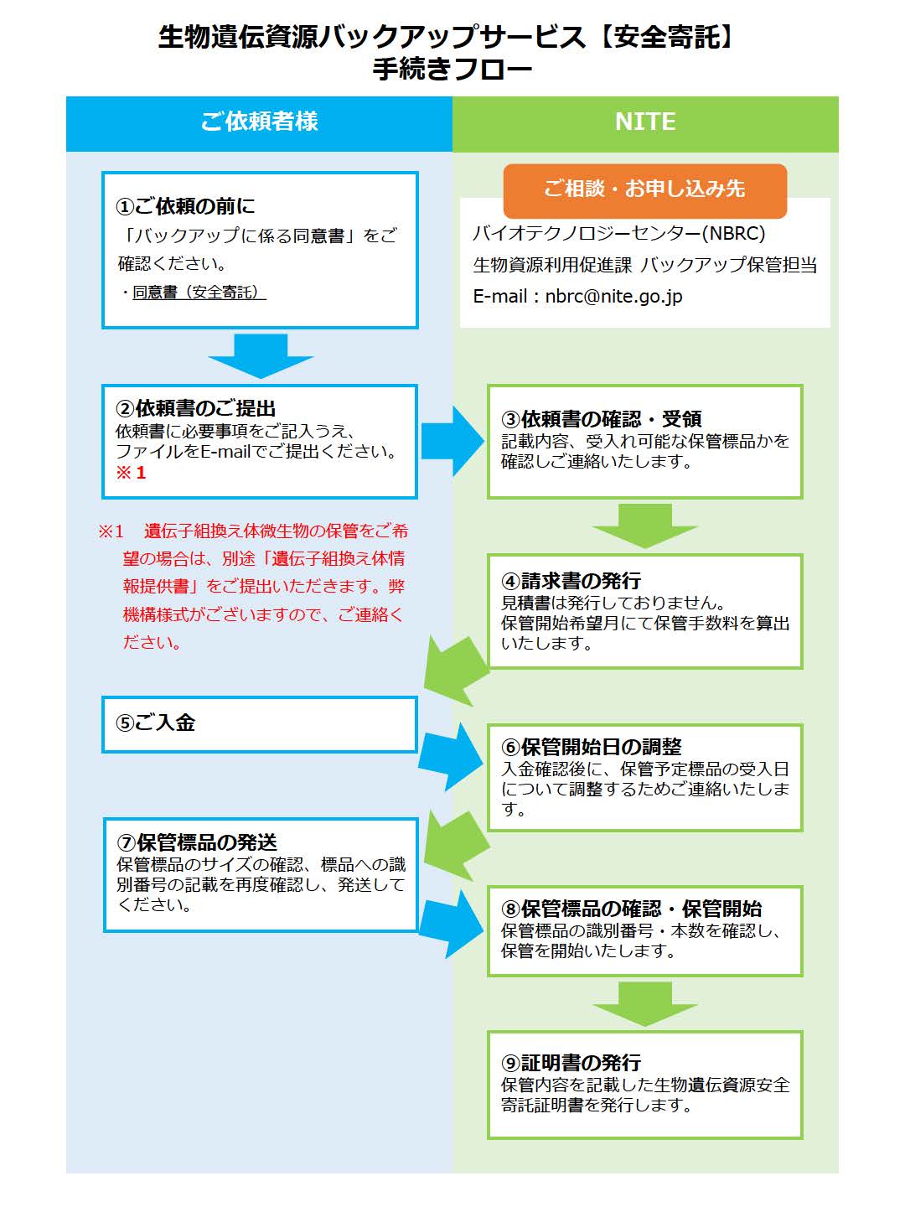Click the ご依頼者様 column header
[x=259, y=122]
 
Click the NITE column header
[x=645, y=122]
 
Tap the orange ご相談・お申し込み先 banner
[x=644, y=190]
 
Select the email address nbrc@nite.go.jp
[x=613, y=297]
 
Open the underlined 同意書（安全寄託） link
[x=199, y=292]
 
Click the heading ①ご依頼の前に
[x=185, y=206]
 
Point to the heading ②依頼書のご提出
[x=195, y=408]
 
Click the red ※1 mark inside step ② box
[x=131, y=473]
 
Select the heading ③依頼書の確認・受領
[x=601, y=419]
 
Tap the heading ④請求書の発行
[x=571, y=580]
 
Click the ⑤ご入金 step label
[x=156, y=723]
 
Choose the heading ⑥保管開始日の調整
[x=592, y=747]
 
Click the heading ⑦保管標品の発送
[x=196, y=842]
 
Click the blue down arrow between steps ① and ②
[x=261, y=355]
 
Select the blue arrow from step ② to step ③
[x=452, y=441]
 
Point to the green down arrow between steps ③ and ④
[x=644, y=526]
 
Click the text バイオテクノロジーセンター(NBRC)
[x=618, y=233]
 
